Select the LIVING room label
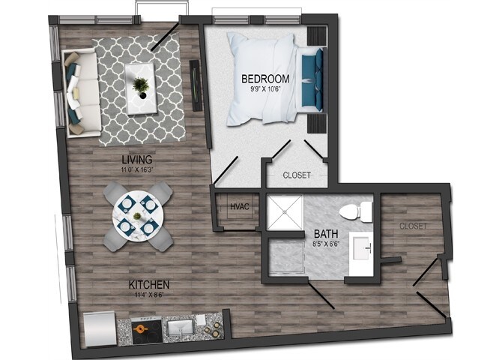(138, 160)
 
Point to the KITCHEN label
(148, 285)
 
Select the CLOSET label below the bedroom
(297, 176)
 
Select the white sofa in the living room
(80, 91)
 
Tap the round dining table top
(137, 216)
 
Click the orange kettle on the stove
(141, 327)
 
